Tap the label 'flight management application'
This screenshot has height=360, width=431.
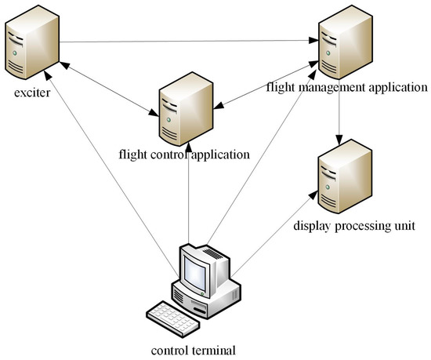point(346,85)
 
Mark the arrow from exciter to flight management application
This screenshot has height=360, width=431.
point(188,41)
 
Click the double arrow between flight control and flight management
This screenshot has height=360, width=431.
point(263,89)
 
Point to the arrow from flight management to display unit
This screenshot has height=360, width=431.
point(339,118)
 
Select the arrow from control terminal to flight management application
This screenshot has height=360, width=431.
point(259,165)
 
